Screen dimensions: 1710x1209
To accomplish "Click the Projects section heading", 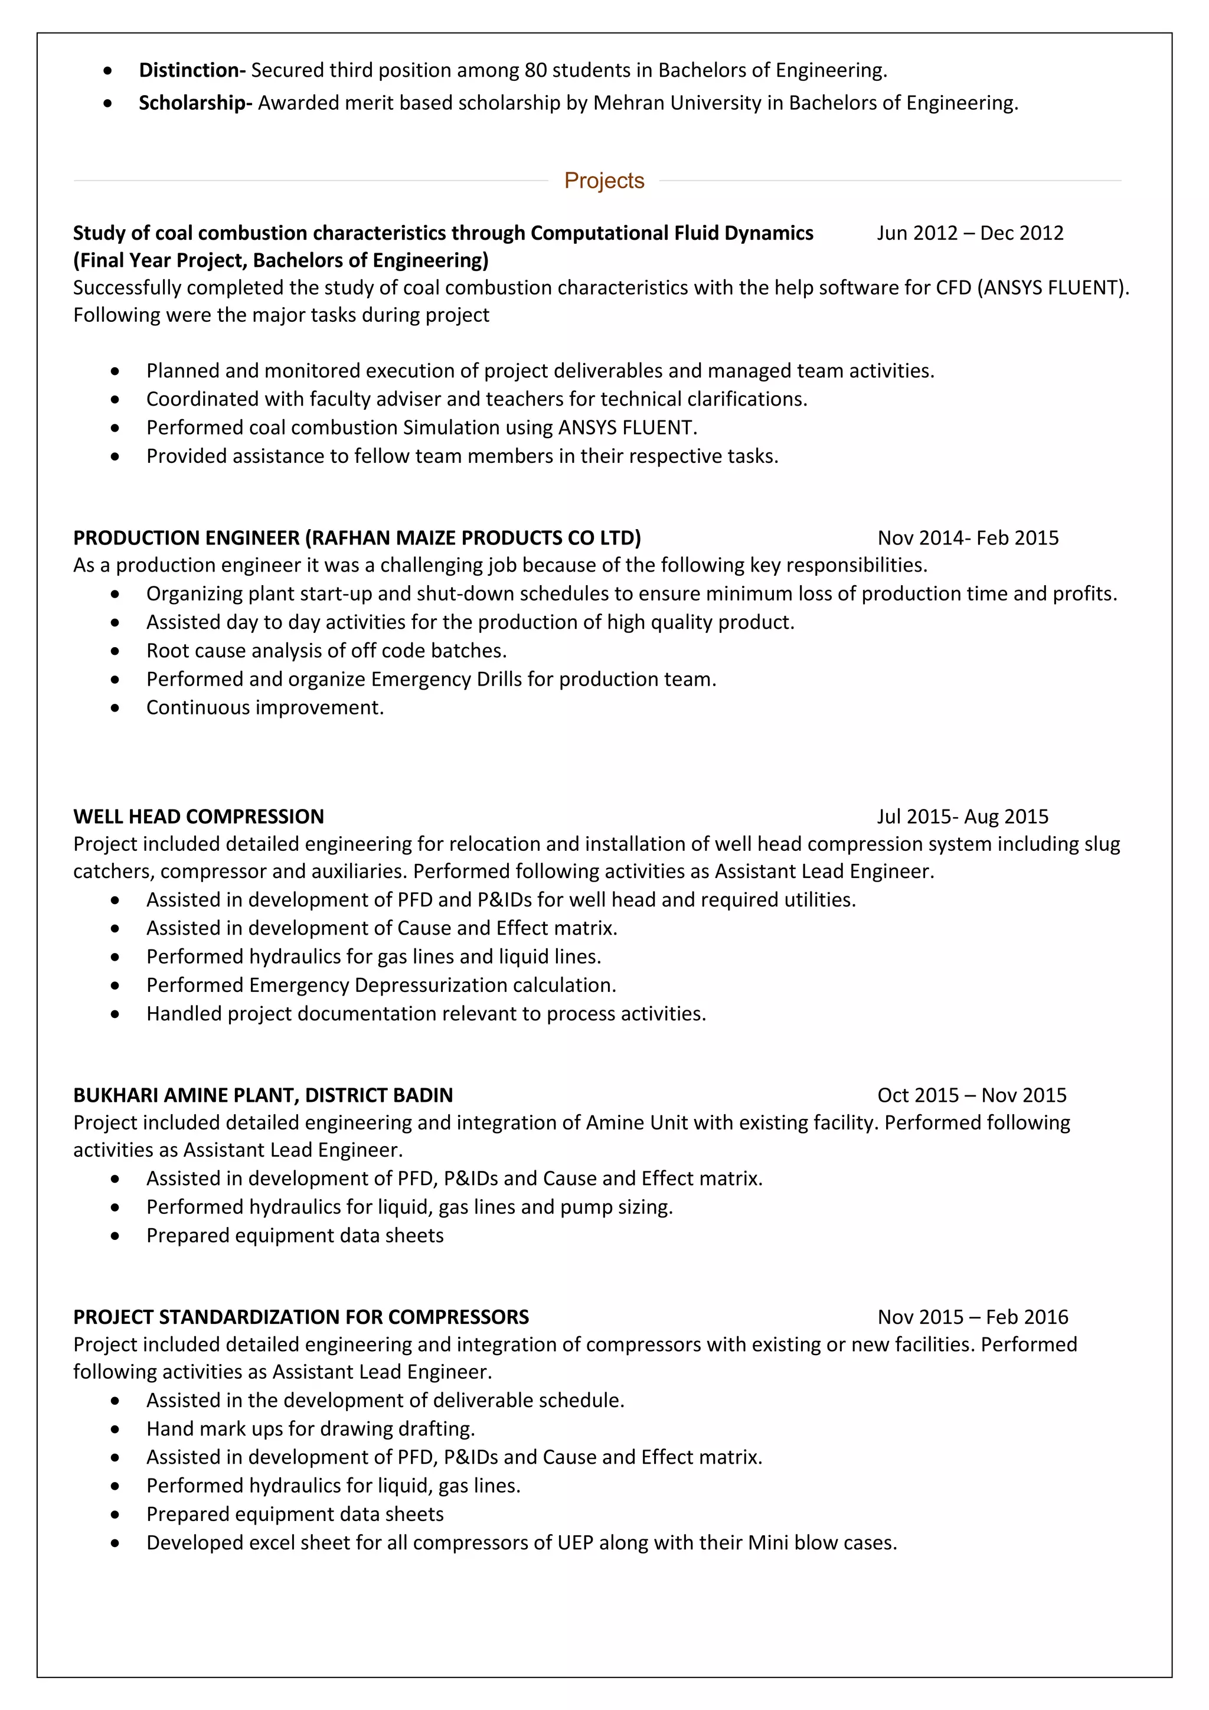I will [604, 180].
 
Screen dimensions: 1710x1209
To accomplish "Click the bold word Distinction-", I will [192, 70].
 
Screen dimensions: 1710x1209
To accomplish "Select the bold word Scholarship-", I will [196, 103].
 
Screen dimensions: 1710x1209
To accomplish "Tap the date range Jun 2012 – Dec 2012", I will [969, 233].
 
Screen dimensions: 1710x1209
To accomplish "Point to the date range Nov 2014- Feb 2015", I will [967, 538].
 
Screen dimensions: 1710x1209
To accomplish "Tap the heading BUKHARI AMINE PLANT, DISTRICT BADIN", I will [263, 1095].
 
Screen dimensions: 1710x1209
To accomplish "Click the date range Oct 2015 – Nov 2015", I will [971, 1095].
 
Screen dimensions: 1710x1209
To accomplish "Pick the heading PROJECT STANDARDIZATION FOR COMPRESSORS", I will [300, 1317].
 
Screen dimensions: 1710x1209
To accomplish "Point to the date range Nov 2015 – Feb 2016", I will [972, 1317].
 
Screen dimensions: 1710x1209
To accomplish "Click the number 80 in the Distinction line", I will [535, 70].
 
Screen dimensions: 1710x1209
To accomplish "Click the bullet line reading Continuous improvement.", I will [265, 707].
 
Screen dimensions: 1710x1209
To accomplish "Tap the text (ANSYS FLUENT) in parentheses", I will [1050, 288].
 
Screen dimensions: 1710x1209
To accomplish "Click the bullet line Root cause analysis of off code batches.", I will [326, 650].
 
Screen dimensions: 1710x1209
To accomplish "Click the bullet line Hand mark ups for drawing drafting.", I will [311, 1428].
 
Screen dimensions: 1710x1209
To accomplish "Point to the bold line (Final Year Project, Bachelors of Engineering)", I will [280, 260].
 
